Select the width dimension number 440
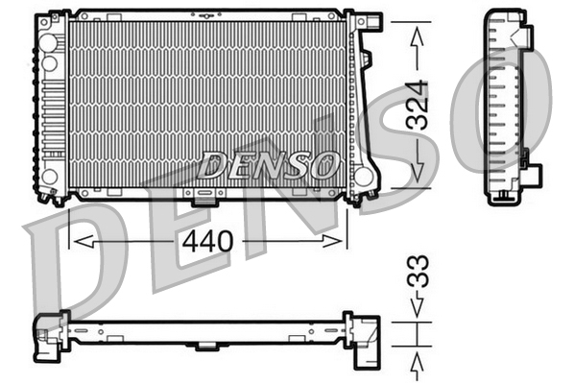tap(207, 241)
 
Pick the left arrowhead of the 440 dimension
tap(83, 240)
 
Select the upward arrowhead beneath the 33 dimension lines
tap(417, 362)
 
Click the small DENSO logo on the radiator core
tap(268, 165)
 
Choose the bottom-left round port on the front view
tap(49, 177)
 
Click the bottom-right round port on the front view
tap(363, 177)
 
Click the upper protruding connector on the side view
tap(525, 36)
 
